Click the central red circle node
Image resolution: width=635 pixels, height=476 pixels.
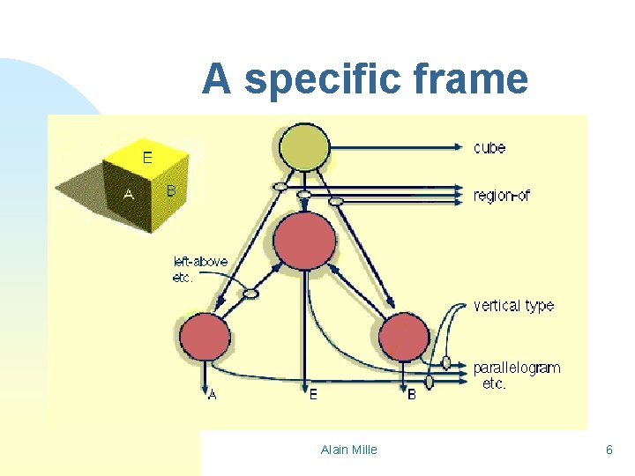tap(305, 240)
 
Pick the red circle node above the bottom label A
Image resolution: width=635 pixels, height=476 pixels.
tap(205, 337)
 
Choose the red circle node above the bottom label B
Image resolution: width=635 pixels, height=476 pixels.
tap(404, 338)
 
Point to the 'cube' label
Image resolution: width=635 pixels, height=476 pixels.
tap(489, 147)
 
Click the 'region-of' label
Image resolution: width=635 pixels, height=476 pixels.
tap(502, 196)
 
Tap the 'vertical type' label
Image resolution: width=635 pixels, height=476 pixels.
tap(513, 306)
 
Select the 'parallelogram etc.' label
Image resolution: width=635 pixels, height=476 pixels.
tap(515, 376)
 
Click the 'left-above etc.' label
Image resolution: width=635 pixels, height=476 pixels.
tap(200, 268)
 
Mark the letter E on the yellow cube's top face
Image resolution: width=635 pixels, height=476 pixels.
tap(147, 158)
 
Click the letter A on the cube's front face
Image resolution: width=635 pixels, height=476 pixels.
tap(129, 195)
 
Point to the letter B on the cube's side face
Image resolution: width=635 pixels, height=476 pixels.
tap(171, 190)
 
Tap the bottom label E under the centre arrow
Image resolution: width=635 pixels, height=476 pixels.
tap(313, 395)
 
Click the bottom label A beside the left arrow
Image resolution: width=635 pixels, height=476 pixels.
tap(213, 395)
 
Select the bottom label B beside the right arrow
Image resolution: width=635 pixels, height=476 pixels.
tap(412, 395)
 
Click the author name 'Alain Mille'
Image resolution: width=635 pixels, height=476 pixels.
tap(348, 450)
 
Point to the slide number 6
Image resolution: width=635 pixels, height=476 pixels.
tap(609, 450)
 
